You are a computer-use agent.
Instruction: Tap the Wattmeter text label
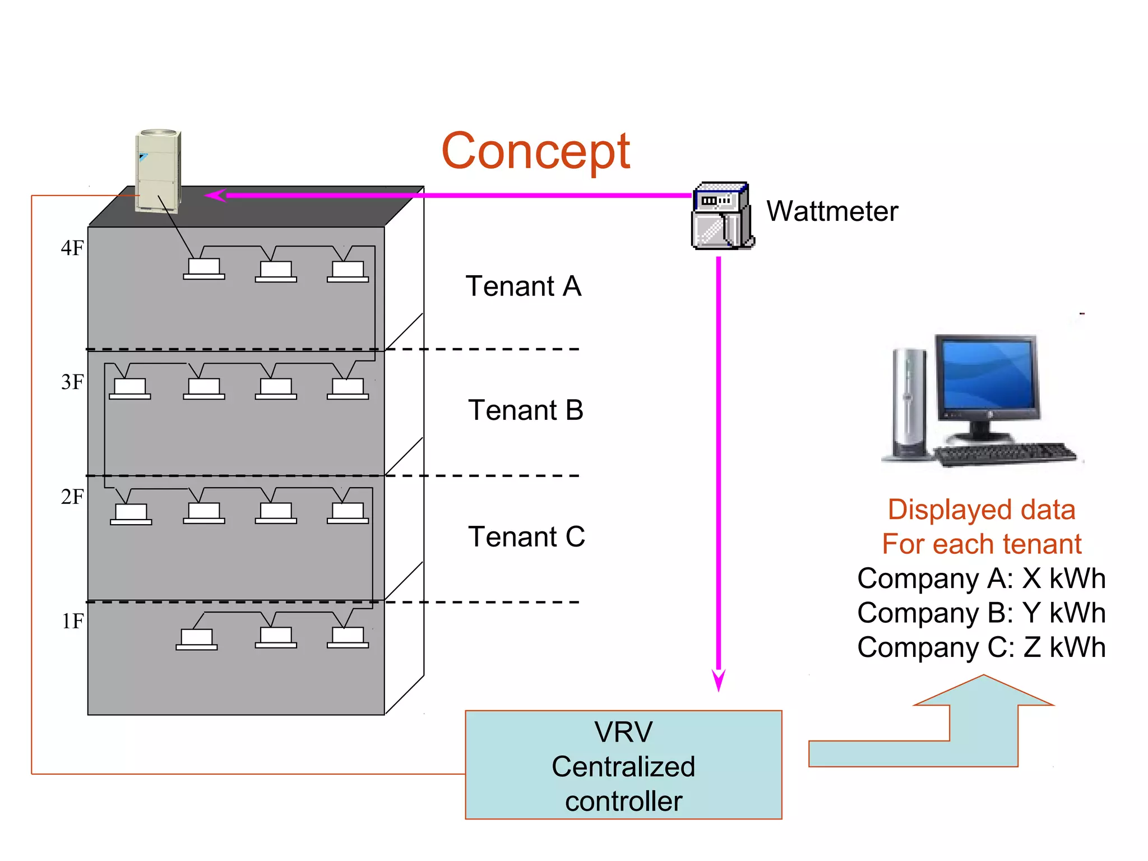click(x=832, y=212)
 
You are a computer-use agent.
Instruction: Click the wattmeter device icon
click(x=722, y=216)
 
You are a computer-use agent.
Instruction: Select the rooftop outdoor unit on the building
click(x=158, y=171)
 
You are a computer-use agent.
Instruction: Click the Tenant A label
click(x=523, y=286)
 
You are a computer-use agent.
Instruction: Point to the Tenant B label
click(x=525, y=410)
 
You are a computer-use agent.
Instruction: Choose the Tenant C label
click(x=526, y=537)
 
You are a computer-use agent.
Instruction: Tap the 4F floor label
click(x=72, y=248)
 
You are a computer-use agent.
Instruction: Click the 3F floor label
click(x=72, y=382)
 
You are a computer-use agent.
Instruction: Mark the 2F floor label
click(x=72, y=497)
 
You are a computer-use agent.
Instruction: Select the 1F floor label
click(x=72, y=622)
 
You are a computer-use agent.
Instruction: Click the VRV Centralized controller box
click(x=623, y=766)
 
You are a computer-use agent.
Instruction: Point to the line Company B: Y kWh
click(x=981, y=613)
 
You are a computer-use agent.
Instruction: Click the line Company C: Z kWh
click(x=981, y=647)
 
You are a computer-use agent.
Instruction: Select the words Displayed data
click(x=981, y=510)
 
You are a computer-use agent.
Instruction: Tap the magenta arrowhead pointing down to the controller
click(x=718, y=680)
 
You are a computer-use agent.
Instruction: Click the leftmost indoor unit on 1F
click(x=197, y=639)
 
